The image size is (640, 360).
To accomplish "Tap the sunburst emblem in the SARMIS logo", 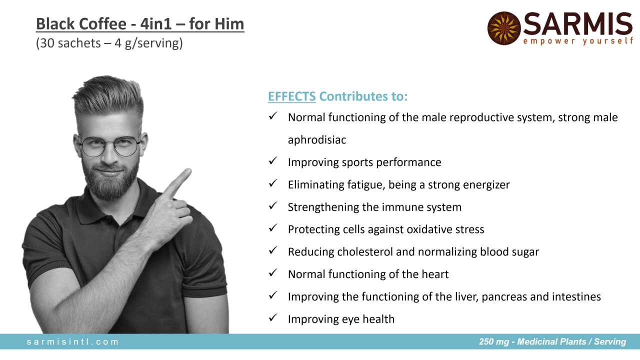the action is [x=504, y=28].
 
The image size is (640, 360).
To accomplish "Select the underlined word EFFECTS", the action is [x=291, y=96].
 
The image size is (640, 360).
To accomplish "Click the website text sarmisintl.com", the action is [x=72, y=341].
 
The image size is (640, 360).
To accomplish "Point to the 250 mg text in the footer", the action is [x=494, y=341].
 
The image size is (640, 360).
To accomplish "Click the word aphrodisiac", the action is [x=317, y=140].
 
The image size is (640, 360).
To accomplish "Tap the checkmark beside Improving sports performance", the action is [x=273, y=161].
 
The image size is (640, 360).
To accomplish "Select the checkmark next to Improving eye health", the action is [x=273, y=317].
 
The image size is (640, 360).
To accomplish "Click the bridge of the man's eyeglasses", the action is [x=109, y=143].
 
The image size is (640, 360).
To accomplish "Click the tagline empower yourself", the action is [x=578, y=41].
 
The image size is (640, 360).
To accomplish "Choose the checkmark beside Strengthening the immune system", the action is [x=273, y=205].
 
